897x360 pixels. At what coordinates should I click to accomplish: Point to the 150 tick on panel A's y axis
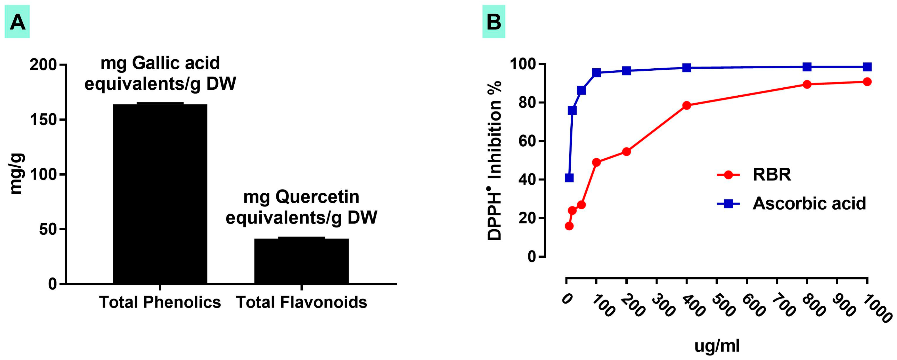click(48, 120)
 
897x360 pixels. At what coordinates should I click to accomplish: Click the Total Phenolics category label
click(160, 302)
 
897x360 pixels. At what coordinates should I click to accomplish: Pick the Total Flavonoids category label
click(302, 302)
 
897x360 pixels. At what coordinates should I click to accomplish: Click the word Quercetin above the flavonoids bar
click(317, 197)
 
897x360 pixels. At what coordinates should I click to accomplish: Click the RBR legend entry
click(771, 174)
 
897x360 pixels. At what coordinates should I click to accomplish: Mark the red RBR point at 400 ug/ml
click(686, 106)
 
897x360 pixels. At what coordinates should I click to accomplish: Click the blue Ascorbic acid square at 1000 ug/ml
click(867, 67)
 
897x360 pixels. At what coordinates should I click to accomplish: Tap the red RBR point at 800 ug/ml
click(807, 84)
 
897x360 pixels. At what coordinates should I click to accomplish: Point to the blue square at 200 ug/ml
click(627, 71)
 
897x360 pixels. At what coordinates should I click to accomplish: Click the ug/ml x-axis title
click(717, 346)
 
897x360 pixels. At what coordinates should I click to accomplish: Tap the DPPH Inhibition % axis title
click(494, 160)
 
